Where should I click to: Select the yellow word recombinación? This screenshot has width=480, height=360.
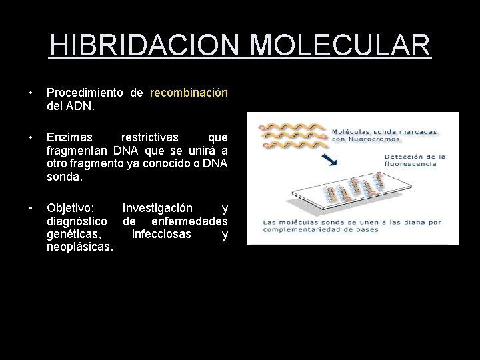189,93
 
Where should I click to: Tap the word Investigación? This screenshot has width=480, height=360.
158,209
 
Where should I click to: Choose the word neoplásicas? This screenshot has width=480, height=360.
80,247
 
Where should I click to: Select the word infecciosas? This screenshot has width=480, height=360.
161,234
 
